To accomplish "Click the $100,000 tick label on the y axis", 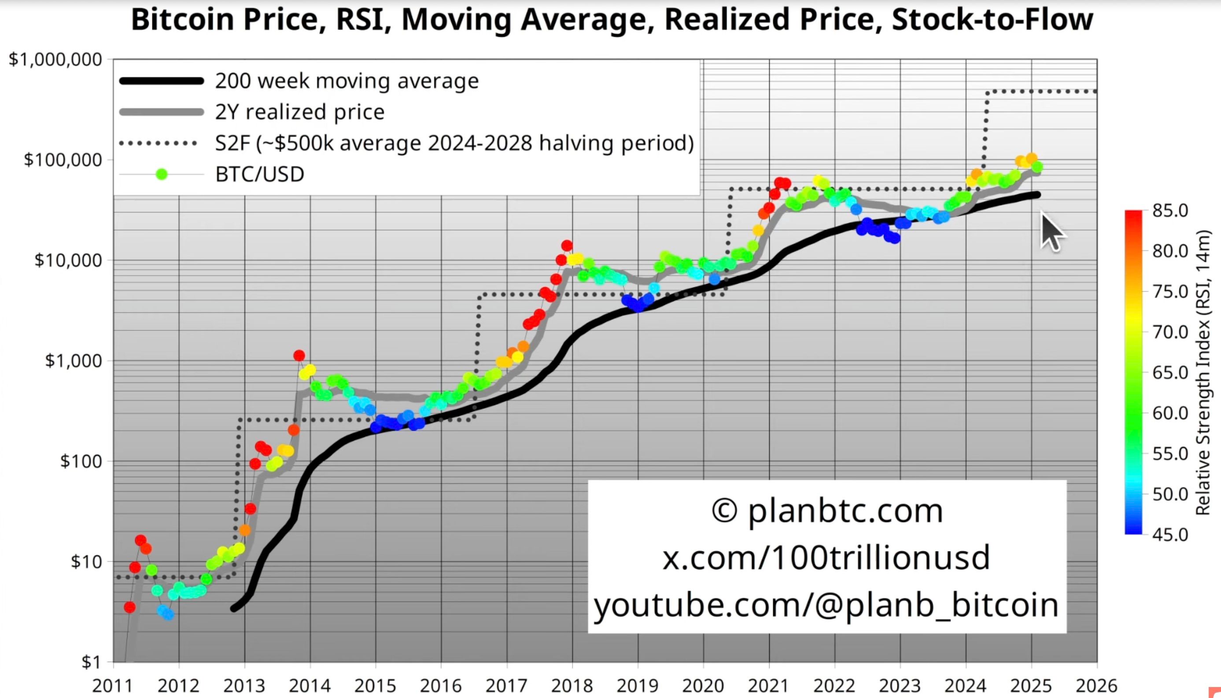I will [x=63, y=160].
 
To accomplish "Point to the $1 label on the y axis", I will [x=91, y=662].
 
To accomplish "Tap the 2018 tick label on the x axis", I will [x=571, y=686].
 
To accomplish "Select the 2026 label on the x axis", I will [x=1096, y=686].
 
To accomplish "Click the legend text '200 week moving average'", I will [x=347, y=81].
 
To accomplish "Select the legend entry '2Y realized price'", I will [x=300, y=112].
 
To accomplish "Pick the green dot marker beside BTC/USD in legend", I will [x=162, y=174].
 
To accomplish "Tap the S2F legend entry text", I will [x=454, y=143].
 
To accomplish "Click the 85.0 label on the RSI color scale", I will [x=1169, y=210].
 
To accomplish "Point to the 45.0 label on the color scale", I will [x=1169, y=534].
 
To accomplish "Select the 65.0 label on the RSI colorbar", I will [x=1169, y=372].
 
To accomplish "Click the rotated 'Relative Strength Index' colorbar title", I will [x=1203, y=372].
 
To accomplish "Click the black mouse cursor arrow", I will [x=1050, y=232].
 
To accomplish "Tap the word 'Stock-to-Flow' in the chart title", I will [x=992, y=20].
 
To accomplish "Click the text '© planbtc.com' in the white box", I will [x=827, y=511].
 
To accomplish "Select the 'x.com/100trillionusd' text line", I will [x=826, y=558].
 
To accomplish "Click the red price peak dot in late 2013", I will [x=299, y=356].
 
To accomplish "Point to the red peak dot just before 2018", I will [x=566, y=246].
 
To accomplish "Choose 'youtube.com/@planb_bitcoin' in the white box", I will [x=826, y=605].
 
